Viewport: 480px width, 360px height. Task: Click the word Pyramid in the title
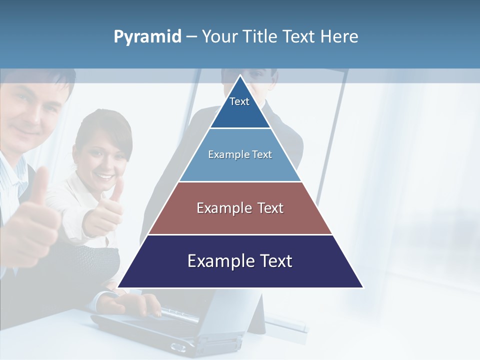pos(147,37)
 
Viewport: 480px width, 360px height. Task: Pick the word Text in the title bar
pos(298,37)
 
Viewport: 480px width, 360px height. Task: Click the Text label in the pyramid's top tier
pos(239,101)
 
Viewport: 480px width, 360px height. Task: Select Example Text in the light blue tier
pos(240,154)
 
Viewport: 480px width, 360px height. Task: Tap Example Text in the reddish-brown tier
pos(240,208)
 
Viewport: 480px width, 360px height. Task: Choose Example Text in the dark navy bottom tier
pos(240,261)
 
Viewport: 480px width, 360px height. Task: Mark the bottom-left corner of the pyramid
pos(118,287)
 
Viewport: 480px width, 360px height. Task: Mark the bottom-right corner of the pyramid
pos(363,287)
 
